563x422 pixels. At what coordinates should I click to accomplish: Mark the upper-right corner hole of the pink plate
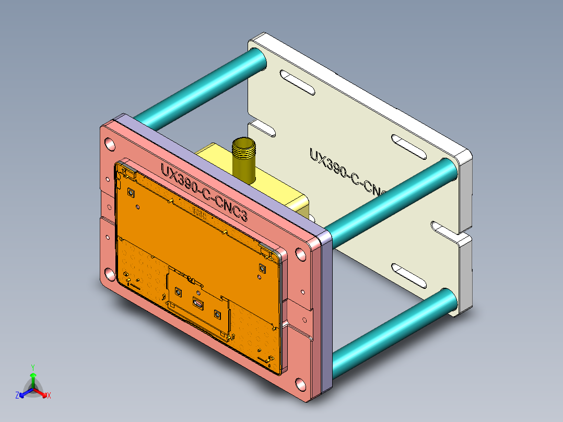click(300, 255)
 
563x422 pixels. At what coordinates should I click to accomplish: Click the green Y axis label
click(32, 367)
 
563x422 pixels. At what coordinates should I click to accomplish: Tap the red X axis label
click(49, 396)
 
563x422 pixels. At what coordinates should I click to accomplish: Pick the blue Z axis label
click(17, 396)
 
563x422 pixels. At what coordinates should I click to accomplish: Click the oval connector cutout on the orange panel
click(198, 302)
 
